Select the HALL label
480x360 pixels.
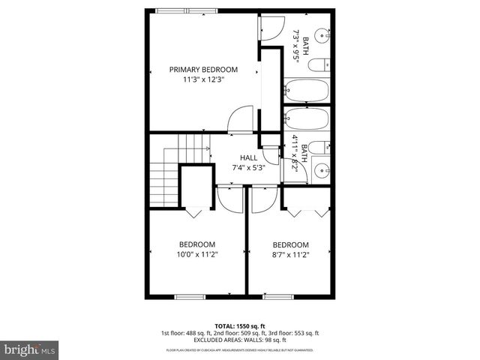pos(248,157)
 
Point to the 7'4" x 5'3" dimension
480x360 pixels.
pos(248,167)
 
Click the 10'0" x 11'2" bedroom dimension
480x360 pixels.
pos(197,254)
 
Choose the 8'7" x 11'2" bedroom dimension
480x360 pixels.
pos(291,254)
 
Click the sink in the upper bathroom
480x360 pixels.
pos(322,35)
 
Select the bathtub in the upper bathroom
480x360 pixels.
pos(307,91)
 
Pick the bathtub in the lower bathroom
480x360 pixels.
pos(307,121)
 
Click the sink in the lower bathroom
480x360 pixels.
pos(323,169)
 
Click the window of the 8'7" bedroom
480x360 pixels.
pos(276,296)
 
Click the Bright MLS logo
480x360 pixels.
pos(30,349)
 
